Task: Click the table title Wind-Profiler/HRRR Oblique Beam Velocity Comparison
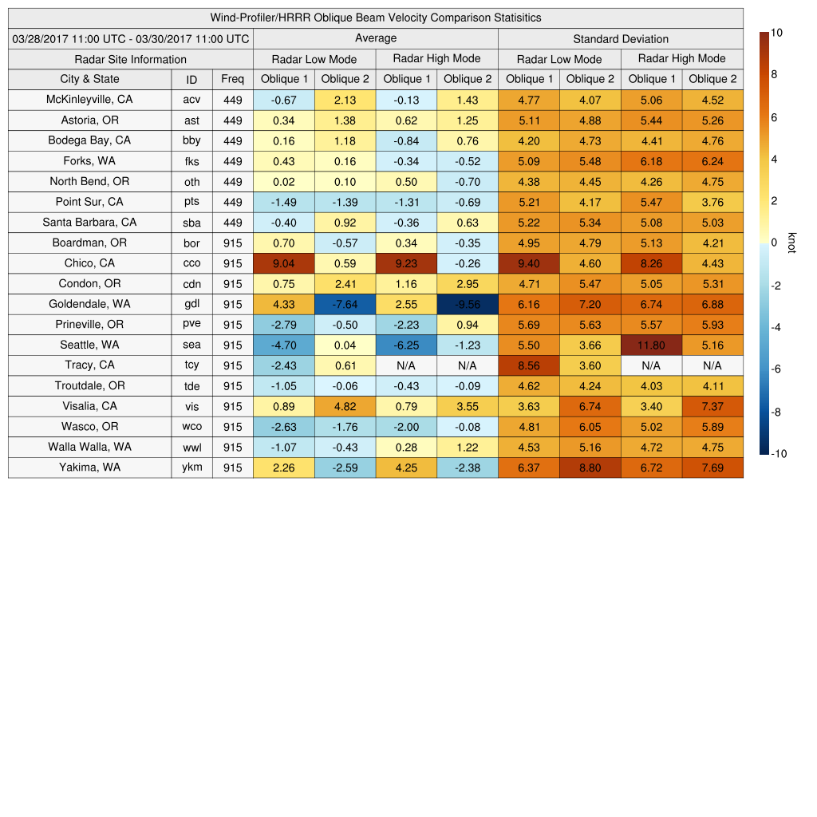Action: (376, 18)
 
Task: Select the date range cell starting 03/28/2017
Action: (131, 38)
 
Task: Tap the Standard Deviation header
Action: (621, 38)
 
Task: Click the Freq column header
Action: (232, 79)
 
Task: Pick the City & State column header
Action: (89, 79)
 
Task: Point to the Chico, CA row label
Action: (89, 263)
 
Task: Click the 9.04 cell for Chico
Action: (283, 263)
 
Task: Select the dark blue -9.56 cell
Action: (467, 304)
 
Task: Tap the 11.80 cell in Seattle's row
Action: (651, 345)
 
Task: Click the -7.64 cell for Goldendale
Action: (345, 304)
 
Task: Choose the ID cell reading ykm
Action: (191, 468)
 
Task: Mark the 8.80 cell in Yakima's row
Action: (590, 468)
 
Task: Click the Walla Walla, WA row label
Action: (89, 447)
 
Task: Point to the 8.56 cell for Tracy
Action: (528, 365)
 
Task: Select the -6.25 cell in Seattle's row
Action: (406, 345)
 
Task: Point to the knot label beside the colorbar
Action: (791, 243)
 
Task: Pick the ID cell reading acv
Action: (191, 100)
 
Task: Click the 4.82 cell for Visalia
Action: (345, 406)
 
